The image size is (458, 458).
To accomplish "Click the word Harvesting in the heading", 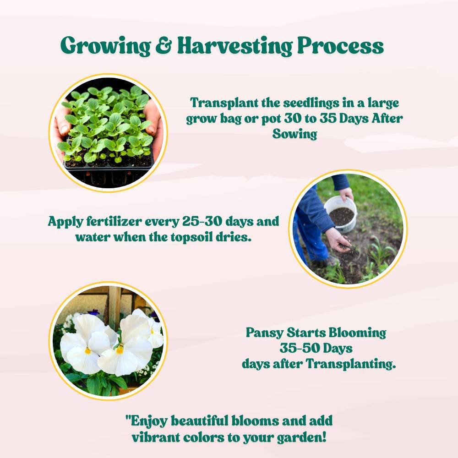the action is [235, 46].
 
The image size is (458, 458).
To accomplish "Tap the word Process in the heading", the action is [340, 45].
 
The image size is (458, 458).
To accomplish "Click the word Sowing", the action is [294, 134].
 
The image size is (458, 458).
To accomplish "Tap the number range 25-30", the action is [202, 221].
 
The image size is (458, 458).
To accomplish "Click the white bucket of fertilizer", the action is [341, 213].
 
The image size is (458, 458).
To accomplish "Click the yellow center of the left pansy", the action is [87, 350].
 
